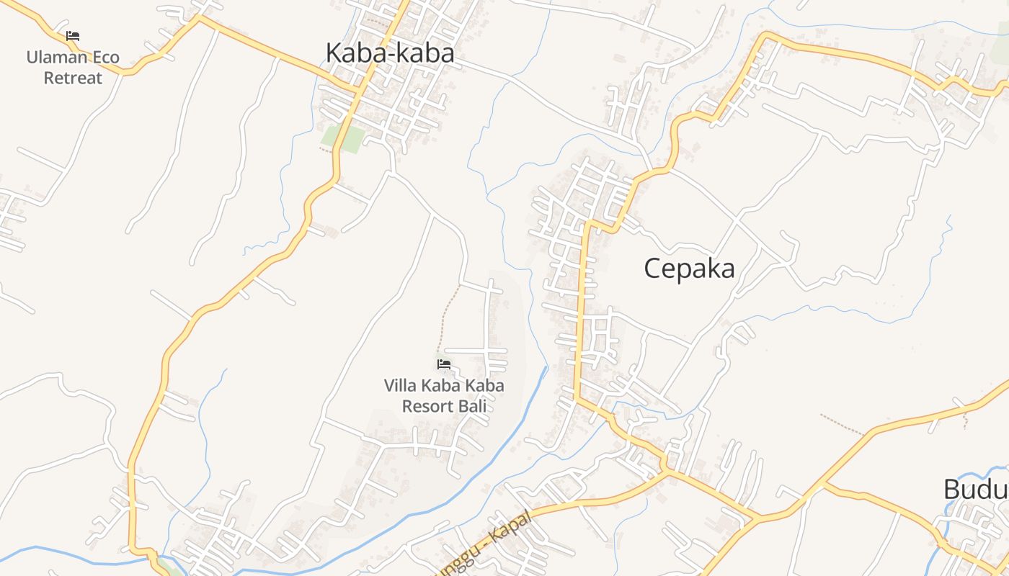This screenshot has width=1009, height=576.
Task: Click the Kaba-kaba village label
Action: click(390, 53)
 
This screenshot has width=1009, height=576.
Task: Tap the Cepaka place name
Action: click(689, 269)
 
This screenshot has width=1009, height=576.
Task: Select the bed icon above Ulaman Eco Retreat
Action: click(73, 36)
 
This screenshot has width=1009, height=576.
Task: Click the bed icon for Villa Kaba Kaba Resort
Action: click(444, 365)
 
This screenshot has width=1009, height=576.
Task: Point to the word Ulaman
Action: click(57, 58)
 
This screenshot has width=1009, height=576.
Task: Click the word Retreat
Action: click(73, 78)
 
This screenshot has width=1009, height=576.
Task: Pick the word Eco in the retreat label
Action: click(105, 58)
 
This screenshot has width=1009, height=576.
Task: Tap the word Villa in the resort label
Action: click(399, 386)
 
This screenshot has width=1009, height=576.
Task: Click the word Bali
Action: click(473, 406)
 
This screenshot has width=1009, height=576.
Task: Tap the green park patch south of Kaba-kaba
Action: click(342, 138)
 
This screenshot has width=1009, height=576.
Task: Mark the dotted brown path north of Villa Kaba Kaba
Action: click(448, 317)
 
